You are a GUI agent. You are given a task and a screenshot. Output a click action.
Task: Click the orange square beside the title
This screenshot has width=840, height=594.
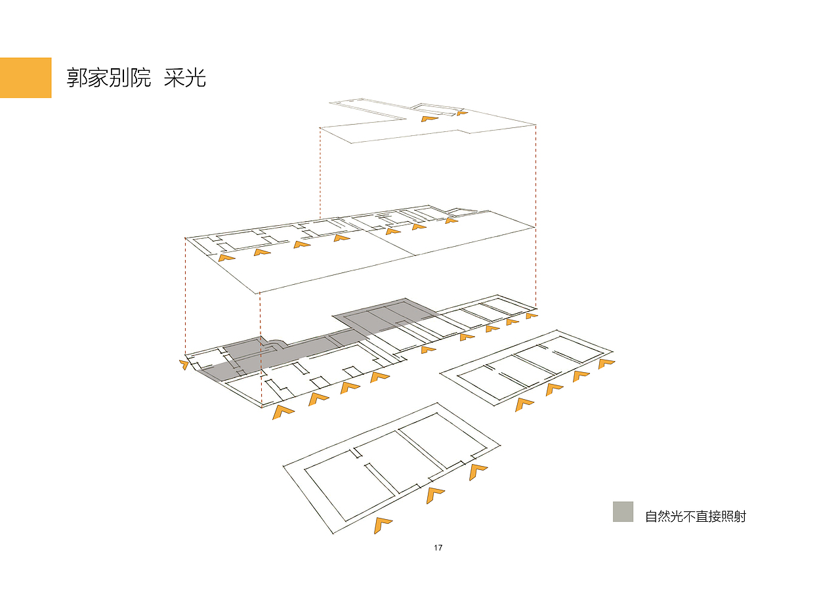[26, 77]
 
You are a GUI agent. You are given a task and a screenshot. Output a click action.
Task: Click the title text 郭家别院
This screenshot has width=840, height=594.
[109, 78]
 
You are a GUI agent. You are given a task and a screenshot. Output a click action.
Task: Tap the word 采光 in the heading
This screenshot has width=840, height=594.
[185, 78]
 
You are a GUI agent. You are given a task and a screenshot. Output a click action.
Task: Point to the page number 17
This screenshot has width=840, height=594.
[438, 548]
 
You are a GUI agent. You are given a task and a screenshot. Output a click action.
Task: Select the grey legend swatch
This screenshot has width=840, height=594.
[623, 511]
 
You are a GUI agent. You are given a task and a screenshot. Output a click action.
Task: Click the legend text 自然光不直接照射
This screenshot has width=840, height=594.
[696, 517]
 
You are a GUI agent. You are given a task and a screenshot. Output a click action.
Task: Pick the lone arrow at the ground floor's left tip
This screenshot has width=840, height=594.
[184, 364]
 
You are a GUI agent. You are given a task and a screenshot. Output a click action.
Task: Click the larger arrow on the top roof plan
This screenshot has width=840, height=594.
[429, 119]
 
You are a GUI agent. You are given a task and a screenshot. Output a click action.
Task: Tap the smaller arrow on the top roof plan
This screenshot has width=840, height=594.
[461, 113]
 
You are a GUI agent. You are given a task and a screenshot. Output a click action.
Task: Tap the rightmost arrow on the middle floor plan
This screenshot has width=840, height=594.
[451, 221]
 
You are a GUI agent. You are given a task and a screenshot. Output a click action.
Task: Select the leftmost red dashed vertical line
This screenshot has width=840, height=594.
[185, 296]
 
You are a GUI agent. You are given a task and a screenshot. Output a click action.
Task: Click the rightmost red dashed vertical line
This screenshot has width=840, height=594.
[535, 217]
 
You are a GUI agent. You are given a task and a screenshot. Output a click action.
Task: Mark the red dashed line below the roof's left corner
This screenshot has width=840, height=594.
[320, 173]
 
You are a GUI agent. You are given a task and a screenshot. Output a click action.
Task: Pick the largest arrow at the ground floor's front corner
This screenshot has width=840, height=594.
[282, 412]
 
